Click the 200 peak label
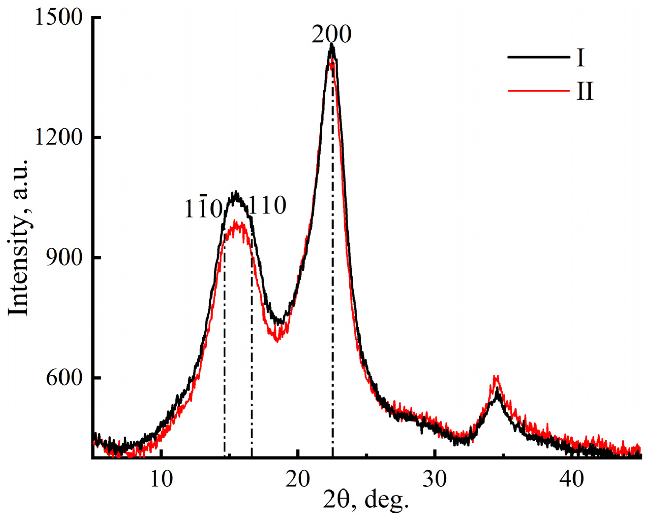pyautogui.click(x=331, y=35)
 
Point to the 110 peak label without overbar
pyautogui.click(x=266, y=206)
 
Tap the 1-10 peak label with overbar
pyautogui.click(x=203, y=209)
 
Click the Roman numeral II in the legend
pyautogui.click(x=585, y=91)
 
